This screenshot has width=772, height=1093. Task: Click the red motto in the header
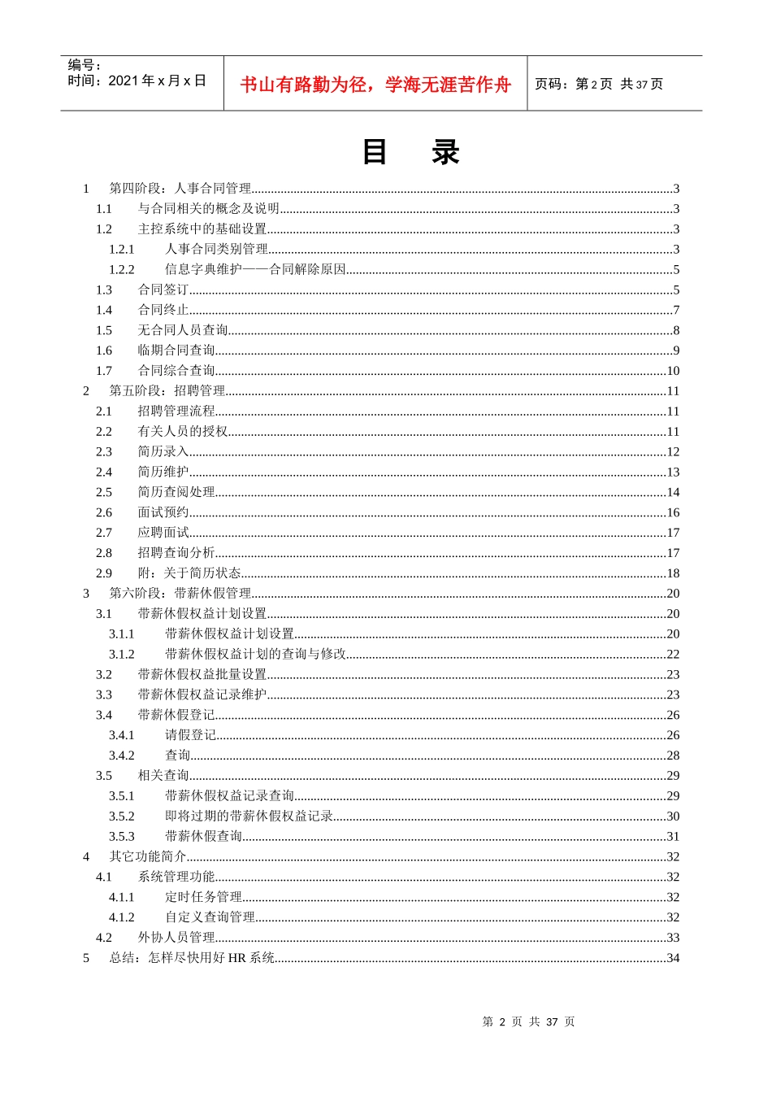[375, 85]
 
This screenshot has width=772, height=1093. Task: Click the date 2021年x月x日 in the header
[157, 81]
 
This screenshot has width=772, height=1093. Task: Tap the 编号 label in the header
[84, 65]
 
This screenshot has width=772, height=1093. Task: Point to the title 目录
[410, 153]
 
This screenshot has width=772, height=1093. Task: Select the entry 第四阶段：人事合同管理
[180, 189]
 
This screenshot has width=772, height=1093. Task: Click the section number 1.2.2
[122, 269]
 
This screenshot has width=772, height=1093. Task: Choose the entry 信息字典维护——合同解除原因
[255, 269]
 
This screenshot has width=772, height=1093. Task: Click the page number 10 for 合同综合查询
[673, 371]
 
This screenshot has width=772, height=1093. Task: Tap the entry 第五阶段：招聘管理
[167, 391]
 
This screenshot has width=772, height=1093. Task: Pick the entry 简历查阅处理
[176, 492]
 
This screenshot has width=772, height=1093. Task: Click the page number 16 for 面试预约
[673, 512]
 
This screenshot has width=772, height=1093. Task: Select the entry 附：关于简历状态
[189, 573]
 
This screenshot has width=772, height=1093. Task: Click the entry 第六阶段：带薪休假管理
[180, 594]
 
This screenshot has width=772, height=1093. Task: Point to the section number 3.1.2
[122, 654]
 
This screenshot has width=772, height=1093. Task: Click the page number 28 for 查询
[673, 756]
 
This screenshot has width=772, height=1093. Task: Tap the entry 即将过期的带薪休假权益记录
[249, 816]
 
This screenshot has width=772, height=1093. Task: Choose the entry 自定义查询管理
[210, 917]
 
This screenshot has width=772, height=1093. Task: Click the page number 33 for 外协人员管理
[673, 938]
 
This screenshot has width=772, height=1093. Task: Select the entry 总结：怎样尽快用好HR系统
[193, 958]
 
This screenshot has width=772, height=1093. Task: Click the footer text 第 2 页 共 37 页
[528, 1021]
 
